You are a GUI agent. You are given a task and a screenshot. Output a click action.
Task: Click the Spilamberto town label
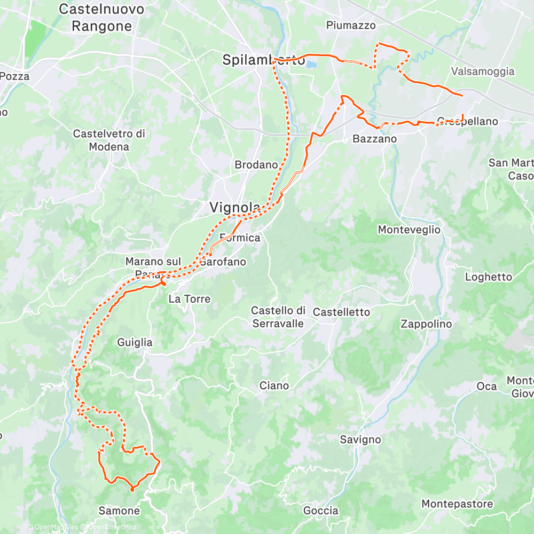(x=264, y=60)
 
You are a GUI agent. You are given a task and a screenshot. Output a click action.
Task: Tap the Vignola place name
(x=234, y=207)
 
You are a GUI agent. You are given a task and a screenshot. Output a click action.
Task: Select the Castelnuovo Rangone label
(x=101, y=17)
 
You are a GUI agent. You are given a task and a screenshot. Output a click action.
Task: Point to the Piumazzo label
(x=351, y=25)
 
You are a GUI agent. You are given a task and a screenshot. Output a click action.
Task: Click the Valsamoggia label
(x=483, y=71)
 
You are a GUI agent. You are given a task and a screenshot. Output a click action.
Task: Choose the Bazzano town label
(x=374, y=139)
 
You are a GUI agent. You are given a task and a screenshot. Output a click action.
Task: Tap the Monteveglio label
(x=409, y=230)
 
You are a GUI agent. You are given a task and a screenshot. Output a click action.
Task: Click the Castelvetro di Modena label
(x=109, y=140)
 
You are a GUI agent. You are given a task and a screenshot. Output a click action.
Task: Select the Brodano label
(x=256, y=165)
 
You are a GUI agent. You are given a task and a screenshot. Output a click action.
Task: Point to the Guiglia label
(x=135, y=342)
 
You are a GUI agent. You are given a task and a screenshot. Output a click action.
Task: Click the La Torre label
(x=189, y=299)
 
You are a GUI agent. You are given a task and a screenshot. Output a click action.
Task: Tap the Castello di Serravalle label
(x=278, y=317)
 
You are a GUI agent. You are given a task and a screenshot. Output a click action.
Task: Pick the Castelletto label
(x=341, y=312)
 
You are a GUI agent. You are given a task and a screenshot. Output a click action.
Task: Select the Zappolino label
(x=426, y=324)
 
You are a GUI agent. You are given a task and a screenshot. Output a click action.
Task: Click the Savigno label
(x=360, y=439)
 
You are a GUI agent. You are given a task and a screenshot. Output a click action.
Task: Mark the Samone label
(x=119, y=511)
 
